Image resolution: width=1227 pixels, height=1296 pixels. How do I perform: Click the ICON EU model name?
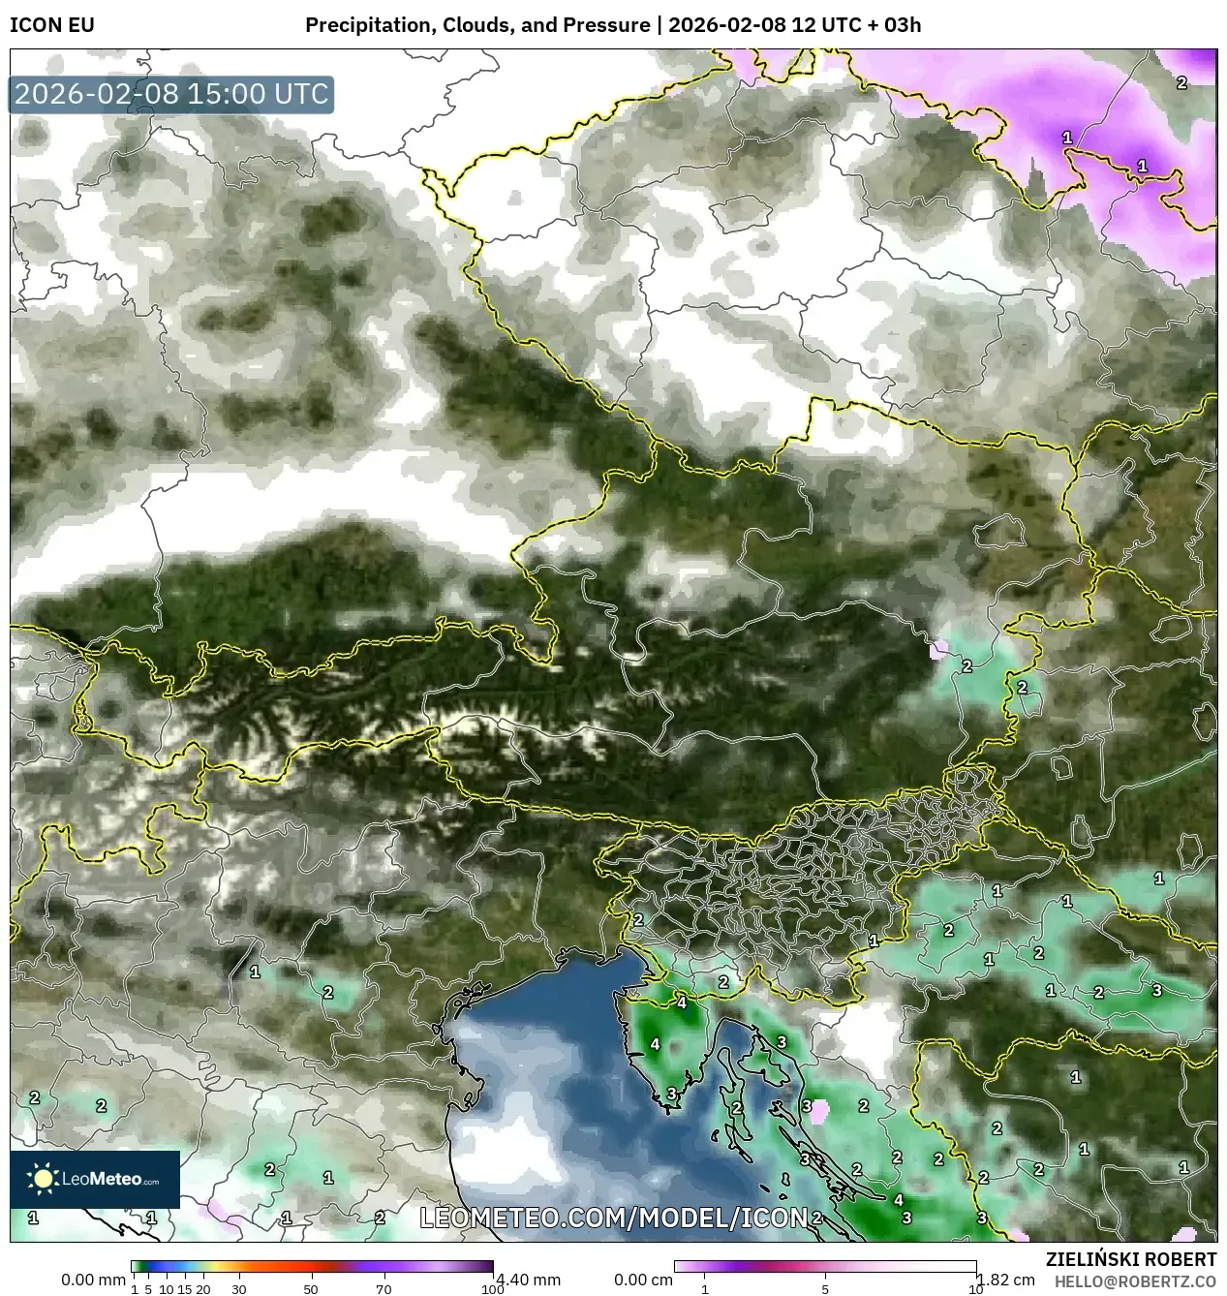tap(52, 25)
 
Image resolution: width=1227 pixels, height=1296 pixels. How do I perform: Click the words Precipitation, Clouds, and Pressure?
tap(477, 25)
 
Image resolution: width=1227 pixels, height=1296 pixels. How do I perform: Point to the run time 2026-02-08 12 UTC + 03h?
tap(794, 25)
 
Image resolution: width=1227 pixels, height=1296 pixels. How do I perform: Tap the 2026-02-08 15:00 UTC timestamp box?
tap(171, 94)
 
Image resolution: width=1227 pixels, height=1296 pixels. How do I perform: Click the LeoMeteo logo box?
tap(95, 1179)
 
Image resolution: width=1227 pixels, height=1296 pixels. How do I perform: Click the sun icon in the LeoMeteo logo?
tap(43, 1179)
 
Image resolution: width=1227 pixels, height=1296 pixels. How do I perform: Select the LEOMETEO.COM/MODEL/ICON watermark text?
tap(613, 1218)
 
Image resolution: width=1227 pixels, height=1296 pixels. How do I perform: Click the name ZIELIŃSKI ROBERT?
tap(1130, 1259)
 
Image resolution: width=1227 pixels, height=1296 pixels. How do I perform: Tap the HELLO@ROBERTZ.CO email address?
tap(1135, 1281)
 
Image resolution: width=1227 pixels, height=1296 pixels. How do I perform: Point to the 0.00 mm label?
tap(93, 1280)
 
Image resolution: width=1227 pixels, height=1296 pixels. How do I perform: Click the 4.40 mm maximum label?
tap(528, 1280)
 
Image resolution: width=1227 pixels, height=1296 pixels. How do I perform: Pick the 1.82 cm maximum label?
tap(1006, 1280)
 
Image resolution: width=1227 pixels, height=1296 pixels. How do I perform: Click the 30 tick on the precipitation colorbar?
tap(239, 1289)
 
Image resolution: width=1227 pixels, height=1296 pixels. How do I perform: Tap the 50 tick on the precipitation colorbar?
tap(311, 1289)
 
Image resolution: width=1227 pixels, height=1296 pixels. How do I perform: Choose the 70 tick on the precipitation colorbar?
tap(383, 1289)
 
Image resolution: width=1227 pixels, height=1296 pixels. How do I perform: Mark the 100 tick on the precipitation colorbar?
tap(492, 1289)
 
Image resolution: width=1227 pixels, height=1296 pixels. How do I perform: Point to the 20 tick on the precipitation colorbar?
tap(203, 1289)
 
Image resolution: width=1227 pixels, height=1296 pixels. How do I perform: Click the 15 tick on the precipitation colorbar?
tap(185, 1289)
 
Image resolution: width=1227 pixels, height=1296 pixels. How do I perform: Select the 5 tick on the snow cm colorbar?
tap(825, 1289)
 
